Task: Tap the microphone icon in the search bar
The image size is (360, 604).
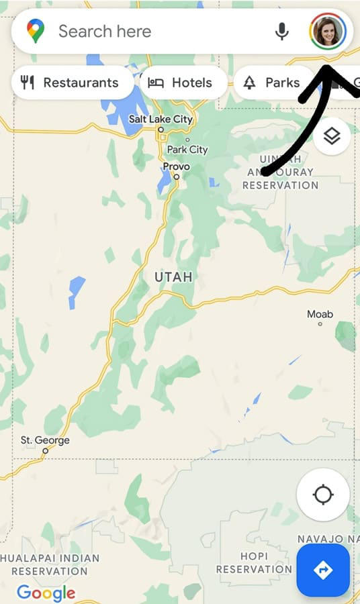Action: tap(282, 31)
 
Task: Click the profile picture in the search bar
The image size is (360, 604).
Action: tap(328, 31)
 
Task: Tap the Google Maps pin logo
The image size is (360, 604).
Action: tap(36, 31)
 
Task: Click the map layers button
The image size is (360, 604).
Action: tap(332, 136)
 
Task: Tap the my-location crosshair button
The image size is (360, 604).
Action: tap(323, 495)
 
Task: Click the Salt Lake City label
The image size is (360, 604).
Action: tap(161, 119)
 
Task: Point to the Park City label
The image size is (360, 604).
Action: tap(187, 150)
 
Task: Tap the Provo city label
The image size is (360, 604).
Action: tap(176, 166)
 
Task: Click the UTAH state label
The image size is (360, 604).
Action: tap(173, 276)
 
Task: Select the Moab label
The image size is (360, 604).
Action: tap(320, 314)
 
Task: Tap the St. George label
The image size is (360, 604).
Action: tap(45, 441)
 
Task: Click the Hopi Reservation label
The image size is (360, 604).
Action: tap(253, 562)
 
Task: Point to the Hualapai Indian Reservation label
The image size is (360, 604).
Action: tap(50, 564)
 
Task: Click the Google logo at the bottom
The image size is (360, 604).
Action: tap(46, 593)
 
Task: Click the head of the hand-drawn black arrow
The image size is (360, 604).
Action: tap(330, 68)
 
